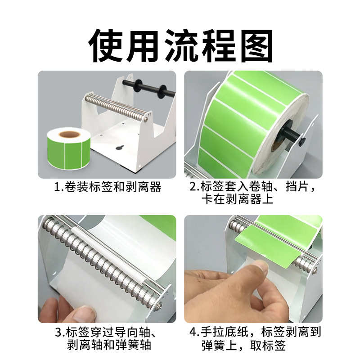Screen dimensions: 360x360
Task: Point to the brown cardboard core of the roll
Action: tap(68, 134)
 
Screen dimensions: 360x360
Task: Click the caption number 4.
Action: tap(193, 333)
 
